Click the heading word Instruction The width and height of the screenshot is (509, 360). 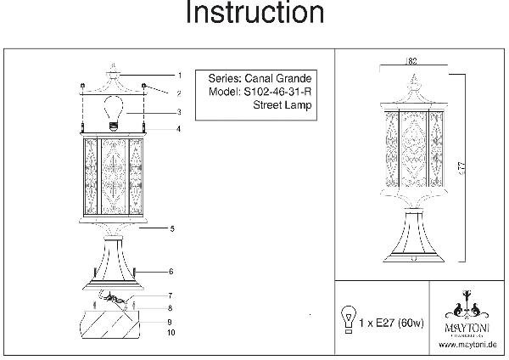click(254, 14)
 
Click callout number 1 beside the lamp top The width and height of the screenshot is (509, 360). click(179, 75)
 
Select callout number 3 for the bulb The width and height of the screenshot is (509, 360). click(179, 112)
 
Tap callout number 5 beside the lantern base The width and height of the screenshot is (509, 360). click(171, 229)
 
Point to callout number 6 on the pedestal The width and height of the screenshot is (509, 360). click(171, 272)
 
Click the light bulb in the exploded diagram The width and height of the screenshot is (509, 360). click(113, 110)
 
